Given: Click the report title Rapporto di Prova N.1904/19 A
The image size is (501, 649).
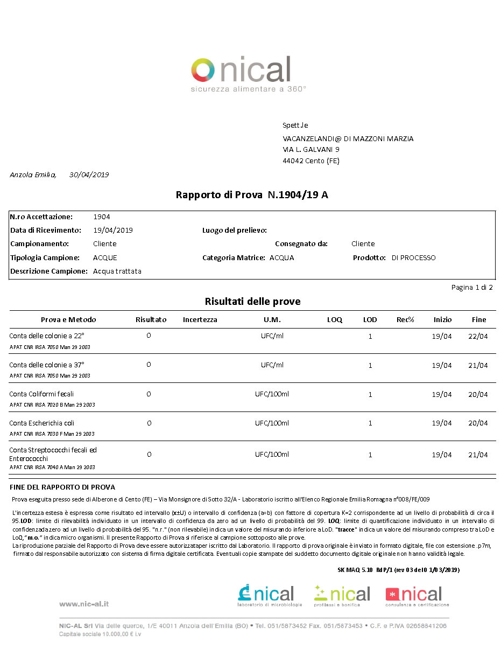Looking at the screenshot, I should pos(252,195).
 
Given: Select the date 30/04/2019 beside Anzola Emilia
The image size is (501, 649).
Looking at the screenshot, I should pos(89,175).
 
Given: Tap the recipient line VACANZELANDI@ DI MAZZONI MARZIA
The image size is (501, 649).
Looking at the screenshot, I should pos(348,138).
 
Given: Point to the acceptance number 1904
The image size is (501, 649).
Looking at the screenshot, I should pos(101,217).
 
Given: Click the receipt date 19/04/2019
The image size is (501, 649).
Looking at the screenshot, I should pos(113,230).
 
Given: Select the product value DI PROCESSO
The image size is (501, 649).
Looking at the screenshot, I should pos(413,257).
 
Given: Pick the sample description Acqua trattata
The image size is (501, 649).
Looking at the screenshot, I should pos(117,271).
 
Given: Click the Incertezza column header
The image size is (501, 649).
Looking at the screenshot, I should pos(200,319).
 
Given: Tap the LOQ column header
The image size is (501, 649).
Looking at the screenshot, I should pos(335,319).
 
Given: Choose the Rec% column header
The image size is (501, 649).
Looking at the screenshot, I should pos(405,319).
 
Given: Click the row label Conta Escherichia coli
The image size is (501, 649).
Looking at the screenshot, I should pos(41,423).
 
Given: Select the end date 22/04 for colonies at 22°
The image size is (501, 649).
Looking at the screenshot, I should pos(478,336).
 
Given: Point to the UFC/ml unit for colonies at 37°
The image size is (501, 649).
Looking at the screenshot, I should pos(272,365).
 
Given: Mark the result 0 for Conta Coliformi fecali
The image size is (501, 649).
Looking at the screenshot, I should pos(149,394).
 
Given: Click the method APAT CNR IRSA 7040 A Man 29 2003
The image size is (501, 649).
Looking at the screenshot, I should pos(52,467).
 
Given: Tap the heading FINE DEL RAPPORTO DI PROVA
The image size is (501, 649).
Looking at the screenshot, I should pos(62,487).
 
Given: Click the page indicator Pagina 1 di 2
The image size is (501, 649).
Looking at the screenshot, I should pos(471,287).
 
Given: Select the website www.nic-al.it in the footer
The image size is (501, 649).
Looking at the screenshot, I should pos(84,604).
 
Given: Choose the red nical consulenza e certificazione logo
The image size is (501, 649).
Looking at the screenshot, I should pos(417,596).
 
